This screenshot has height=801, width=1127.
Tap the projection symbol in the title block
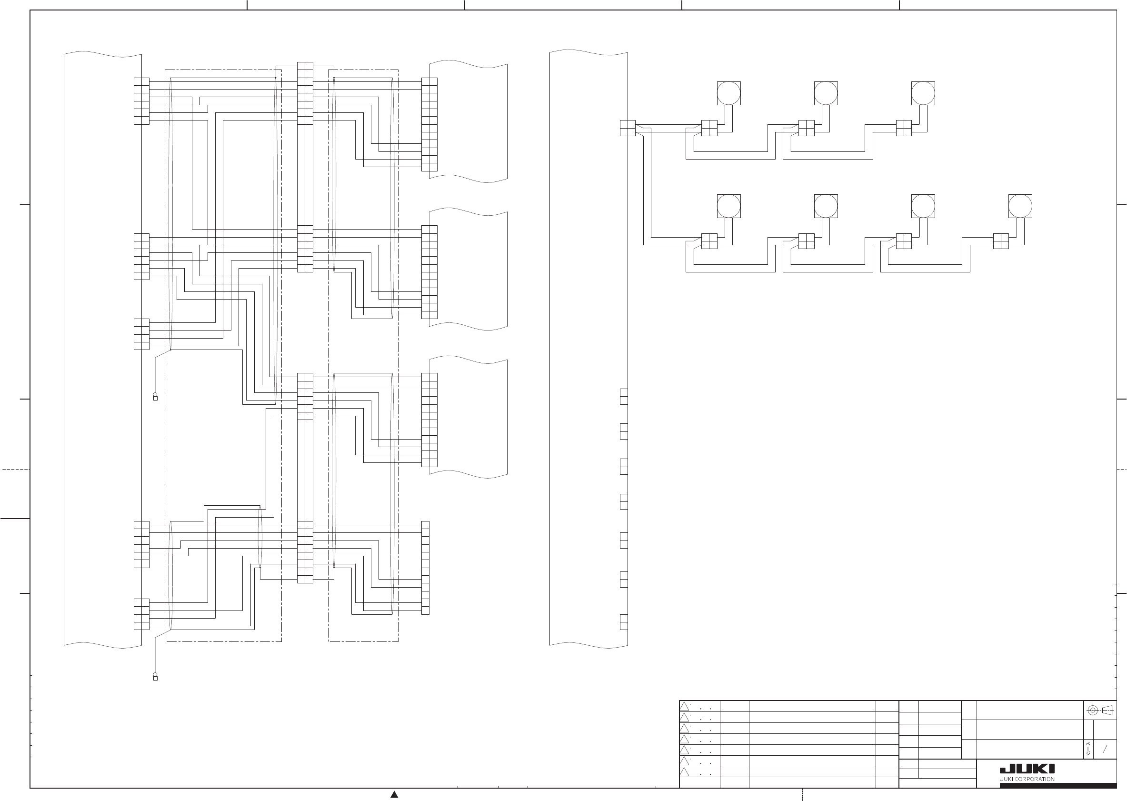pyautogui.click(x=1100, y=711)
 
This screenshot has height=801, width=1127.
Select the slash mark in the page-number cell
pyautogui.click(x=1105, y=749)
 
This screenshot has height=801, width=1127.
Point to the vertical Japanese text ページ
pyautogui.click(x=1088, y=749)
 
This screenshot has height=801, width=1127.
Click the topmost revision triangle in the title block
pyautogui.click(x=684, y=707)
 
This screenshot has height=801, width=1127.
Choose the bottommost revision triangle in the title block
pyautogui.click(x=684, y=772)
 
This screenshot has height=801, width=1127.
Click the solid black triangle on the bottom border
pyautogui.click(x=394, y=795)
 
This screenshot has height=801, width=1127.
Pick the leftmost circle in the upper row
pyautogui.click(x=728, y=93)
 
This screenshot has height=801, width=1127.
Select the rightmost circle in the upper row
pyautogui.click(x=923, y=93)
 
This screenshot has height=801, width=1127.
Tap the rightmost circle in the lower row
pyautogui.click(x=1020, y=206)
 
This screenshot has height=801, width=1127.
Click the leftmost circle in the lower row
pyautogui.click(x=728, y=206)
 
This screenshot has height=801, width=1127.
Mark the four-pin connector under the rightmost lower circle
pyautogui.click(x=1001, y=241)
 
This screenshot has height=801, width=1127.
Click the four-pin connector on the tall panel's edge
pyautogui.click(x=627, y=128)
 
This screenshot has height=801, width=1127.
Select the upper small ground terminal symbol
pyautogui.click(x=155, y=397)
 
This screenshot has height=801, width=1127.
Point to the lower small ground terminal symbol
pyautogui.click(x=155, y=677)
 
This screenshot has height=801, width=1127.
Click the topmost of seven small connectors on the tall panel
pyautogui.click(x=624, y=397)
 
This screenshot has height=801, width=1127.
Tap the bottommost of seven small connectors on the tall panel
pyautogui.click(x=624, y=622)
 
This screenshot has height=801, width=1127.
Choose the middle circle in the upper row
pyautogui.click(x=826, y=93)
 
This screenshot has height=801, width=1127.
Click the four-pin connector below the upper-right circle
pyautogui.click(x=904, y=128)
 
